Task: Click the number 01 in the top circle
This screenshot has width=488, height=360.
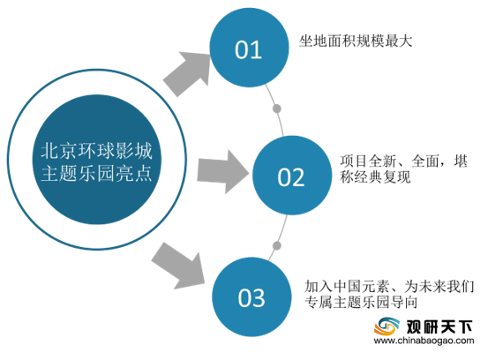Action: click(248, 49)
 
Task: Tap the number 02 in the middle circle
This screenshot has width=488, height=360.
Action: click(291, 177)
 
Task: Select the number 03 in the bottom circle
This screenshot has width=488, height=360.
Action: click(252, 298)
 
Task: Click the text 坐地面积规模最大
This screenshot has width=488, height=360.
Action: click(356, 41)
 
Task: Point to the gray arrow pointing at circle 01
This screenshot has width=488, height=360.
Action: click(188, 73)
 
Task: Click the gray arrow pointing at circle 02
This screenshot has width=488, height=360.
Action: click(223, 172)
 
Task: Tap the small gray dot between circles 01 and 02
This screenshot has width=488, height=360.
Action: click(277, 109)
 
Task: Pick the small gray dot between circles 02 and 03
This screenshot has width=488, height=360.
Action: click(277, 246)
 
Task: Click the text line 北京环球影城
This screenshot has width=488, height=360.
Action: click(97, 151)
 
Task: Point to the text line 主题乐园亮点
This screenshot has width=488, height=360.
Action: click(97, 173)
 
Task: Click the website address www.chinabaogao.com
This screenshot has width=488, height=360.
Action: click(424, 341)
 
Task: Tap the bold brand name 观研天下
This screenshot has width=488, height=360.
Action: click(439, 327)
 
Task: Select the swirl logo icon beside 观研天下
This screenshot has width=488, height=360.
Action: click(387, 326)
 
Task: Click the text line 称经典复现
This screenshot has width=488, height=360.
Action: click(375, 177)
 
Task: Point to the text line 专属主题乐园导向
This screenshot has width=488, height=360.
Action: click(361, 302)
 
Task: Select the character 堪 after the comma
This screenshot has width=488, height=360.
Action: click(461, 161)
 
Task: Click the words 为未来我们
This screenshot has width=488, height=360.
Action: click(439, 287)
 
